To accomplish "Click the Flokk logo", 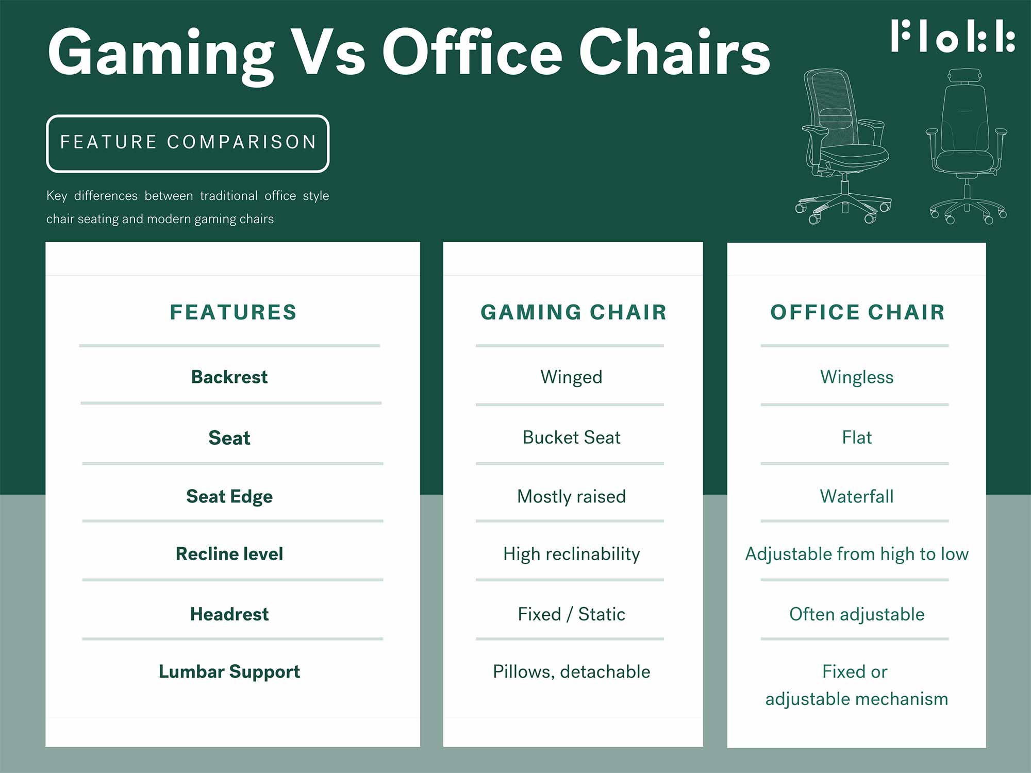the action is [x=953, y=36].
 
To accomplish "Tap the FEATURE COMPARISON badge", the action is [x=188, y=143].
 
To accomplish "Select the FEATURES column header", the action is [x=234, y=312].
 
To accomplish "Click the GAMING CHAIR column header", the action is [x=573, y=312].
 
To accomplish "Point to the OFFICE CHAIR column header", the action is [x=857, y=312].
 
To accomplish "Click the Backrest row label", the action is [x=229, y=377].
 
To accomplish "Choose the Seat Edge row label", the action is [x=229, y=497].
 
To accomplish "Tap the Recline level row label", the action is [x=229, y=554].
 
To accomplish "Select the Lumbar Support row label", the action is [x=229, y=672].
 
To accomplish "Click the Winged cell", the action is [x=571, y=377].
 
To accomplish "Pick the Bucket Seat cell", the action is [x=571, y=438].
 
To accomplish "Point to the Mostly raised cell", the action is [x=571, y=497].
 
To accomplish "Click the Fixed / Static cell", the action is [x=571, y=614].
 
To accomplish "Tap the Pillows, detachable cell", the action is [x=571, y=672].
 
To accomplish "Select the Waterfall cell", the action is [x=857, y=496].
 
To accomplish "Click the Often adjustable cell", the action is [x=857, y=615].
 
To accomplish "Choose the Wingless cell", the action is [x=857, y=377].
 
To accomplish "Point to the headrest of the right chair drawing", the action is [x=964, y=75].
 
